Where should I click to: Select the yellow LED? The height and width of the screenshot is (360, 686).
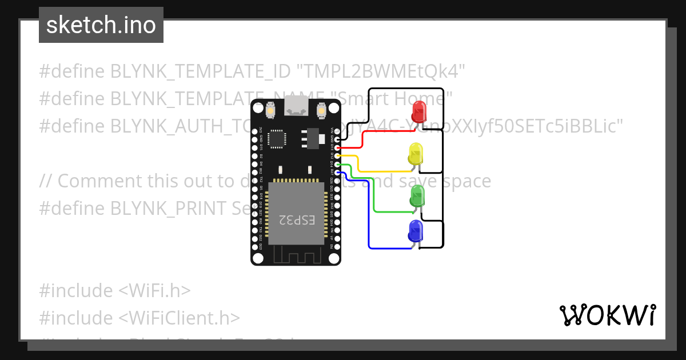click(x=416, y=154)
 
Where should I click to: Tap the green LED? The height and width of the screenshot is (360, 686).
click(x=417, y=195)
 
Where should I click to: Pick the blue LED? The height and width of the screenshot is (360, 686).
click(x=416, y=231)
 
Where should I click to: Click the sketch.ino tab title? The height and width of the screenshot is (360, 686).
click(x=101, y=25)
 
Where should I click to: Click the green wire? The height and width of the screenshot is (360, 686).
click(x=374, y=197)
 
